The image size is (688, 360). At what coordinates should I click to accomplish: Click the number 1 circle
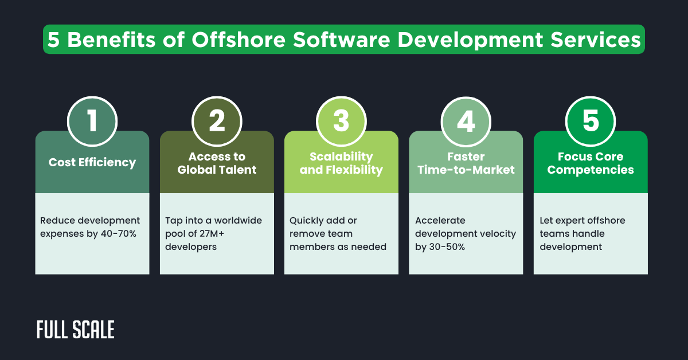(x=92, y=121)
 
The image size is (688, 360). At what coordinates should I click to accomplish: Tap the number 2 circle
(x=217, y=121)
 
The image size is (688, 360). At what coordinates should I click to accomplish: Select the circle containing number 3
(x=341, y=121)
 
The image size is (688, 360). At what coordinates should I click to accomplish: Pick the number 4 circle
(x=466, y=121)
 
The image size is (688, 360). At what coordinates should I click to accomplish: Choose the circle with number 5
(x=591, y=121)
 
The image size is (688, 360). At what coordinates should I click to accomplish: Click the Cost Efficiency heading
(x=92, y=163)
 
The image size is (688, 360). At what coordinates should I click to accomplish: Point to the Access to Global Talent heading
(x=217, y=163)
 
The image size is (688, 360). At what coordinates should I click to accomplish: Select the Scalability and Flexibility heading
(x=341, y=163)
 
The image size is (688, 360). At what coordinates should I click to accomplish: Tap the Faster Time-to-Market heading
(x=466, y=163)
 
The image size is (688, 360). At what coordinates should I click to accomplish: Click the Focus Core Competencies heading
(x=591, y=163)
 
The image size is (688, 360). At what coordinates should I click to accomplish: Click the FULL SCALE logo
(x=75, y=330)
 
